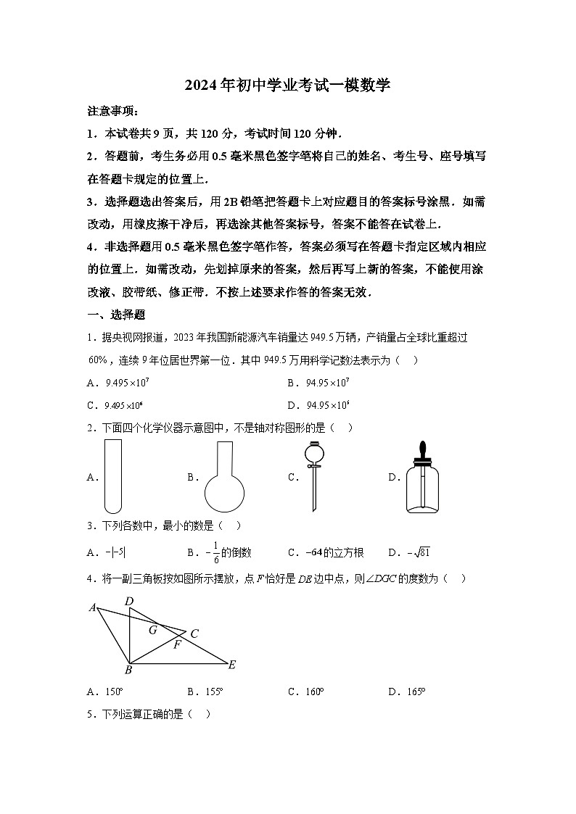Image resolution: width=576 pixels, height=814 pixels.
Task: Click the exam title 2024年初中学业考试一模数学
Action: tap(287, 85)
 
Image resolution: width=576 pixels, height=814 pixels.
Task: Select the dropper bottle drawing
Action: tap(421, 478)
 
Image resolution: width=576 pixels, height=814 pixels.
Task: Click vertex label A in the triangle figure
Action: tap(93, 607)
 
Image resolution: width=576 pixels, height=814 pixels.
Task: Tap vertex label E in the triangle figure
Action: tap(232, 665)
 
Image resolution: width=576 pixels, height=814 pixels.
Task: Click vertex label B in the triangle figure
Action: tap(128, 670)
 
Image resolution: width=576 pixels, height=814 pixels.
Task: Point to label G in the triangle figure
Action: tap(152, 630)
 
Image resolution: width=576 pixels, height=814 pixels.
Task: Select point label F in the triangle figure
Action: tap(176, 644)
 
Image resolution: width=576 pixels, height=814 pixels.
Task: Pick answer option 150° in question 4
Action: tap(115, 692)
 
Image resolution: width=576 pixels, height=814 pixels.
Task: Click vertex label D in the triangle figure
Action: tap(129, 601)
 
